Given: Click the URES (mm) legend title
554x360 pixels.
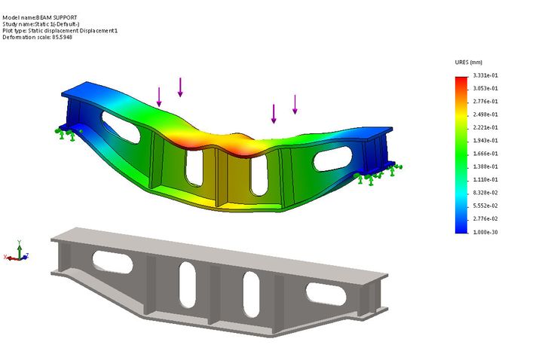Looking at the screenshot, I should tap(468, 62).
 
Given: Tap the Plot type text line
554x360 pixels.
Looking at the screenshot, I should tap(60, 30).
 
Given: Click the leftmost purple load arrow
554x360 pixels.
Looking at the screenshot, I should tap(159, 96).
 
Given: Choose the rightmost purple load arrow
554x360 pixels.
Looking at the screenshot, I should tap(295, 104).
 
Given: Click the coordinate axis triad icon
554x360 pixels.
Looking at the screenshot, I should tap(19, 254).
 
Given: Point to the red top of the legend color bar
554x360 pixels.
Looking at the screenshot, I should tap(461, 80).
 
